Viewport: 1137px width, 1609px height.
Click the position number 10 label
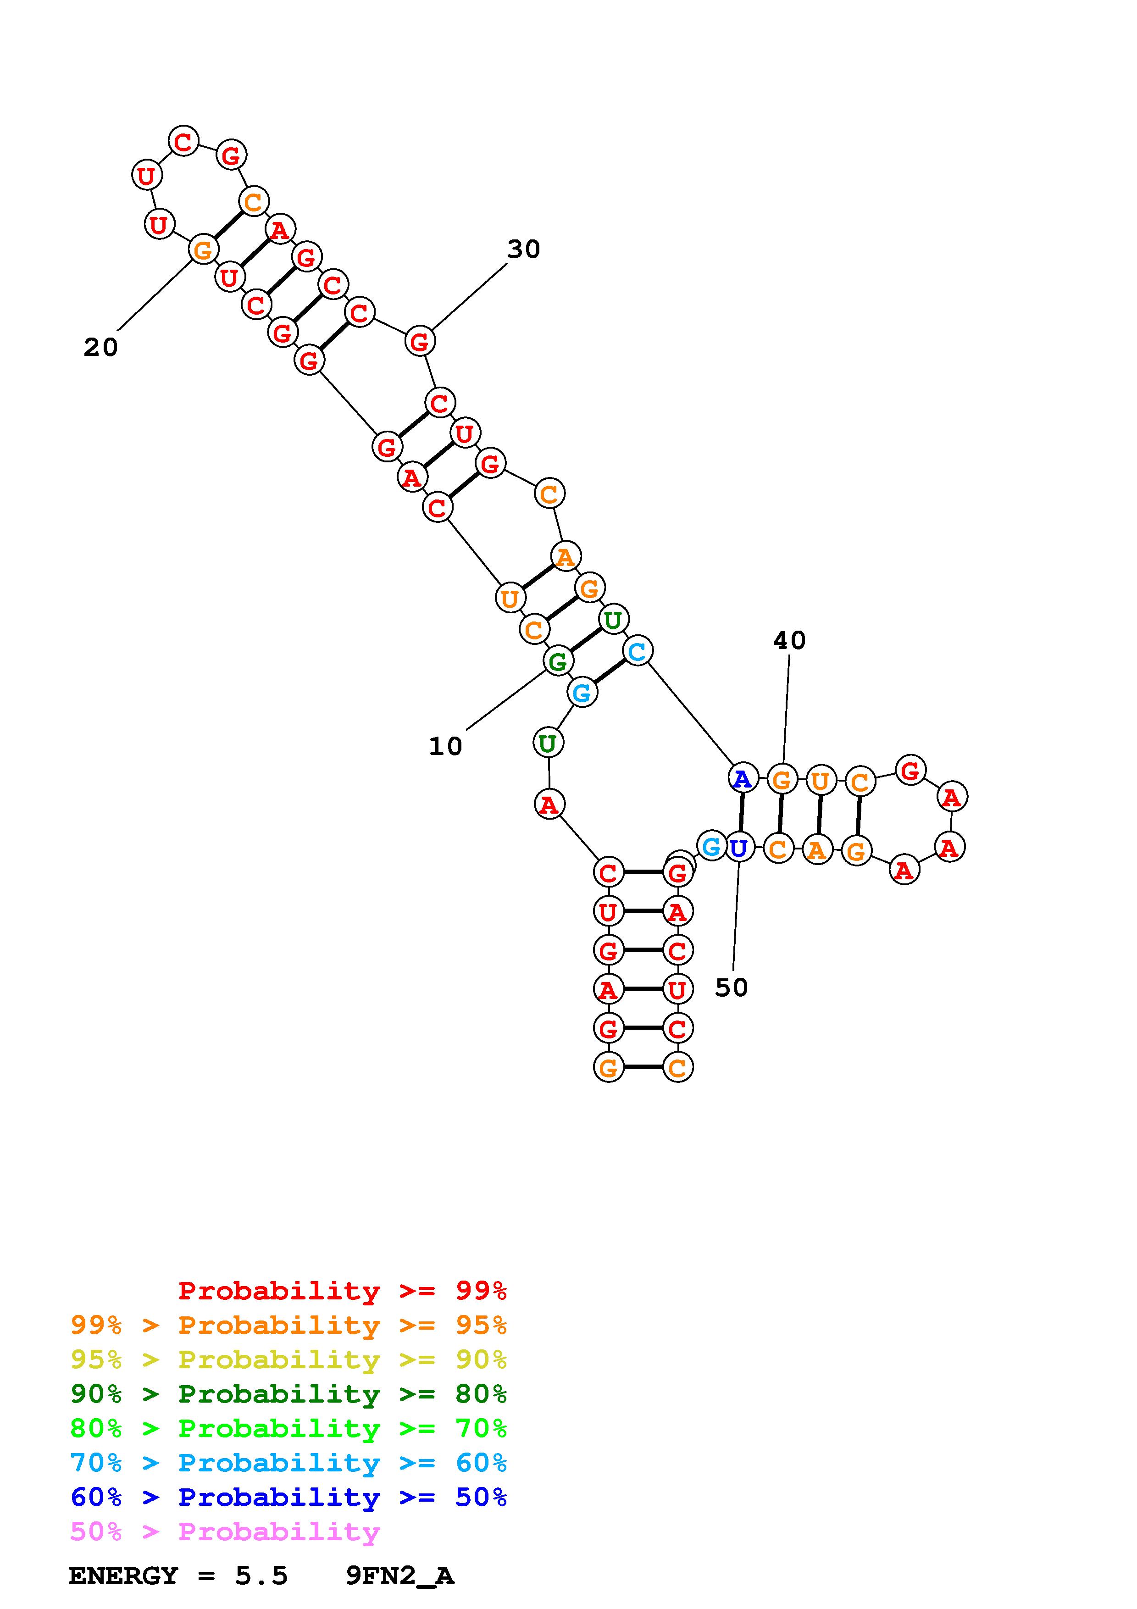click(445, 746)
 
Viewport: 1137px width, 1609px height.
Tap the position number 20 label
click(101, 347)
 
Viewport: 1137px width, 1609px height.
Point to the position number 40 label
click(789, 640)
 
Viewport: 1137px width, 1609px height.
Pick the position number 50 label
click(732, 988)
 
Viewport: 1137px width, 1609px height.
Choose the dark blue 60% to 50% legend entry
click(288, 1498)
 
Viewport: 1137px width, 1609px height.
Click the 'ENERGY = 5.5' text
click(178, 1576)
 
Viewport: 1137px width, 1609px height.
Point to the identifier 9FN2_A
click(400, 1576)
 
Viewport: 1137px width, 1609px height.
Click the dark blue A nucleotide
click(743, 778)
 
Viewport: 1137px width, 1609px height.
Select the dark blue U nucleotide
click(738, 848)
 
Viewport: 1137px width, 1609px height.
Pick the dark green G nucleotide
click(558, 661)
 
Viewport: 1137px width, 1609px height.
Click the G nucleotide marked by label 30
click(420, 341)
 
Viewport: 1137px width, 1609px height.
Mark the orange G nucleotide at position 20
click(202, 250)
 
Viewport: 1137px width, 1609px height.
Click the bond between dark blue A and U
click(740, 813)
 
